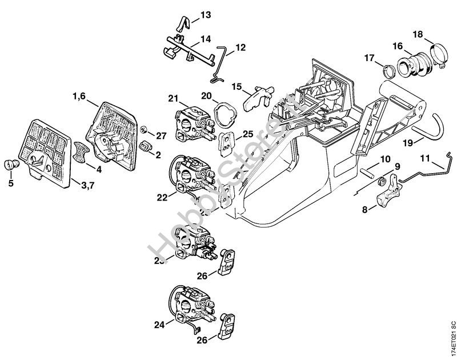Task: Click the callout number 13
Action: pos(205,14)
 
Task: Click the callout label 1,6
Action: pos(79,97)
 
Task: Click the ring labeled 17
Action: pos(387,71)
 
